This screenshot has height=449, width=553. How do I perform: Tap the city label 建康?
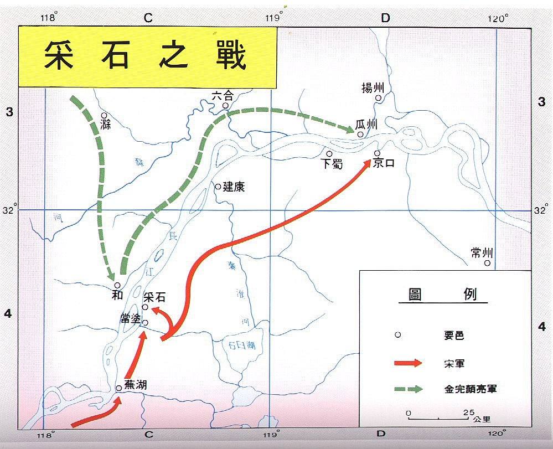coord(234,187)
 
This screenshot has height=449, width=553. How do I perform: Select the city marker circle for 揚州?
coord(379,98)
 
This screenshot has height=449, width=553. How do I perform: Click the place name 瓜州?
coord(367,125)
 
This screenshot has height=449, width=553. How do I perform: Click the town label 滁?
coord(105,125)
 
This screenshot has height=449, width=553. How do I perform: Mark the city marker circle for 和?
coord(117,285)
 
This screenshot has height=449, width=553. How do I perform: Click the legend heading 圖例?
coord(442,294)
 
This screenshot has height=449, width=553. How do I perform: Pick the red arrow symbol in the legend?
coord(408,363)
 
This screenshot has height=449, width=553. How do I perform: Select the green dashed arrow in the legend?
coord(408,389)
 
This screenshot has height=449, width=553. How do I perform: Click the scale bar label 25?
coord(468,413)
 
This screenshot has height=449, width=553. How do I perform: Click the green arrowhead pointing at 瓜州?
coord(351,130)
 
